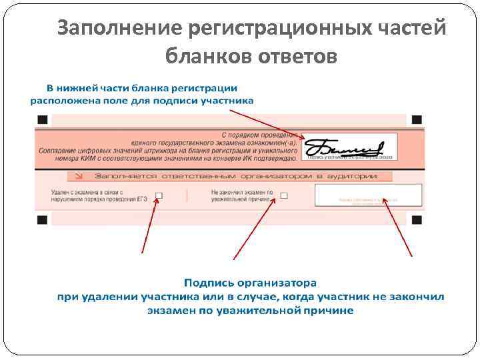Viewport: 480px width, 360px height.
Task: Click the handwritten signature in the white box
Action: pos(343,147)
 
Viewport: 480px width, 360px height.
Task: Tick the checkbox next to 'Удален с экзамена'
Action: pos(159,195)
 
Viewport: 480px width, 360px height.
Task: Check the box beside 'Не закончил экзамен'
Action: pos(284,195)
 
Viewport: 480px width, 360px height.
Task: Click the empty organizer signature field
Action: pos(368,195)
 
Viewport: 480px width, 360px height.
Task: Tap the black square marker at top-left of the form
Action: pos(43,119)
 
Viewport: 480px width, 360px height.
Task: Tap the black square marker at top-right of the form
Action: pos(417,119)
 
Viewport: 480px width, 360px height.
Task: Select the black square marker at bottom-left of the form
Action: pos(43,219)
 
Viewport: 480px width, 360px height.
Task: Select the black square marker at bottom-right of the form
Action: pos(417,219)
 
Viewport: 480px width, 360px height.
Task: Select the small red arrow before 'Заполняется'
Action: pos(79,176)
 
